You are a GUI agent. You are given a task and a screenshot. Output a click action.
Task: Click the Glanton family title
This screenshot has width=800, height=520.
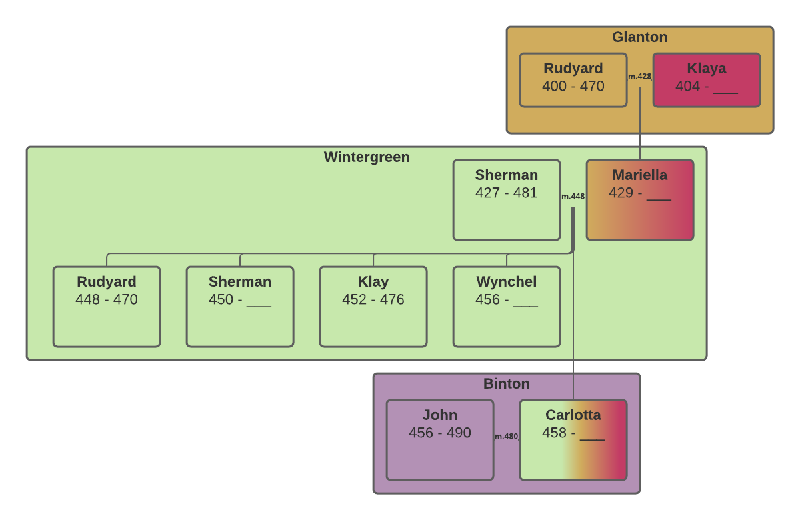[639, 37]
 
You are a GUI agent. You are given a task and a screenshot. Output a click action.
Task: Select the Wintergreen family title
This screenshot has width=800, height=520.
[367, 157]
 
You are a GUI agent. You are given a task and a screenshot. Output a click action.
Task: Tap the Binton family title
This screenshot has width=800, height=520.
[506, 384]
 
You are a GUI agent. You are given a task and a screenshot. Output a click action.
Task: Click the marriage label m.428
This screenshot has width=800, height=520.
[639, 77]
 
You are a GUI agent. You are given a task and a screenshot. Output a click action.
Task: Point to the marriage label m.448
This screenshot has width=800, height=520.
[573, 197]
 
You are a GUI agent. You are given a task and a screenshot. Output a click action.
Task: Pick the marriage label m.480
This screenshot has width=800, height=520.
[506, 437]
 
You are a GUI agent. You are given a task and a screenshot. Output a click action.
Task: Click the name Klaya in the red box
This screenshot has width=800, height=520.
[706, 69]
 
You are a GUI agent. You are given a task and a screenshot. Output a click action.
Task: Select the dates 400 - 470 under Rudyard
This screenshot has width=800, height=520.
[573, 86]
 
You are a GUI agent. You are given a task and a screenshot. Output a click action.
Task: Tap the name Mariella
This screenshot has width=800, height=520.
[639, 175]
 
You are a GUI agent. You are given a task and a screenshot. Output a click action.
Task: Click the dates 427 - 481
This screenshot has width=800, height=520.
[506, 193]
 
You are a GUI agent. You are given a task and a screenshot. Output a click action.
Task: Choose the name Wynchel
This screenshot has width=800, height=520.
[506, 282]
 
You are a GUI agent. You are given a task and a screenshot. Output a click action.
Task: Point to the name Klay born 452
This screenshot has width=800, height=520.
[373, 282]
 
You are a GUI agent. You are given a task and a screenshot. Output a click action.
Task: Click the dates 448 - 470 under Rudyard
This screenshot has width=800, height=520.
[106, 299]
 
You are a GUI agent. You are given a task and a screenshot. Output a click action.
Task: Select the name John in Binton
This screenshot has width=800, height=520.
[439, 415]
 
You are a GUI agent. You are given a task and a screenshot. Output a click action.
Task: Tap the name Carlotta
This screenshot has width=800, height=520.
[573, 415]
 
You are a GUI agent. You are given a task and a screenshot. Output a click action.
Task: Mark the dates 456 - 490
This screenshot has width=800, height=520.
[439, 433]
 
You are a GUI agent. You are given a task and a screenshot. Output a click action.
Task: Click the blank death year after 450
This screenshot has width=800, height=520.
[259, 301]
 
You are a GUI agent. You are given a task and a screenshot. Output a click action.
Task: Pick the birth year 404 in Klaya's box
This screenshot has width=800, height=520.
[687, 86]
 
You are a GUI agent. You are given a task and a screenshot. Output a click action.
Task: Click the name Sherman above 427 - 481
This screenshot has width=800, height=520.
[506, 175]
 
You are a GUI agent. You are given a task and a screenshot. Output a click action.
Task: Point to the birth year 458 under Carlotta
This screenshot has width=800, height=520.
[554, 433]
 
